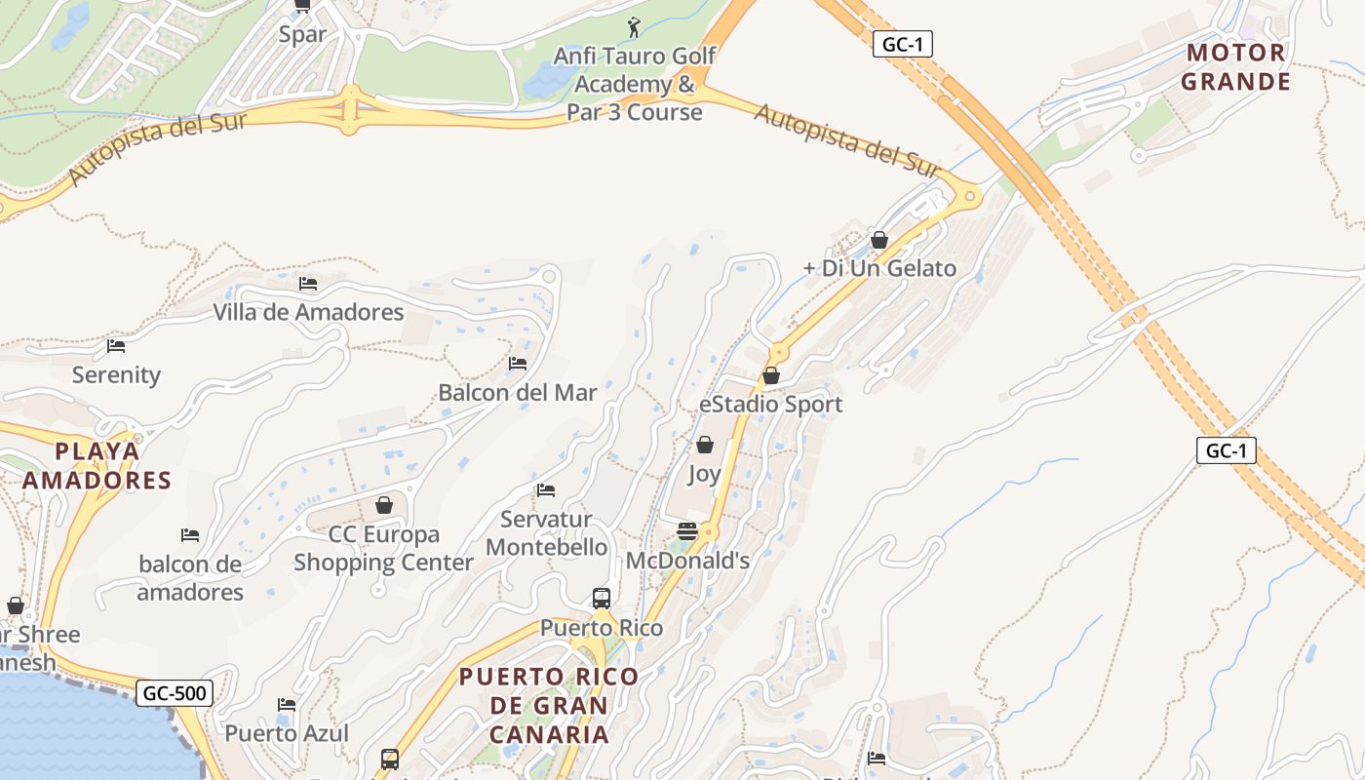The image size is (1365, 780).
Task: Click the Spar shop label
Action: point(302,35)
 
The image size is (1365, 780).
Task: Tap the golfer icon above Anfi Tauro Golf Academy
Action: point(635,27)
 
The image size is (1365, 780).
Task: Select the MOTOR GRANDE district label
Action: point(1235,67)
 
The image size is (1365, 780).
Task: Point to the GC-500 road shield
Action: point(174,693)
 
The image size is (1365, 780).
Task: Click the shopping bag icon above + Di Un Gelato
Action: point(879,240)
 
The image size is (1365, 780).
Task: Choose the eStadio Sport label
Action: point(771,405)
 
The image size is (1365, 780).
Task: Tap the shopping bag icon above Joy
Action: point(705,446)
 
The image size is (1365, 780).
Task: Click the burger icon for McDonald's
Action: point(687,531)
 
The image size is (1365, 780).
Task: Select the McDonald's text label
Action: point(687,561)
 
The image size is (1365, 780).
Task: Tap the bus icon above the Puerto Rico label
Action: point(602,599)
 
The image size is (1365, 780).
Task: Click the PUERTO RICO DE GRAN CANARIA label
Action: point(549,705)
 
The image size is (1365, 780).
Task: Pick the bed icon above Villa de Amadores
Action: point(308,284)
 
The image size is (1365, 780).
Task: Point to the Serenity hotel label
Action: point(116,375)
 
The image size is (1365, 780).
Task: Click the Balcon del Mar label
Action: point(517,393)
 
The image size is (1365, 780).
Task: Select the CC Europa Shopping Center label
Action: point(383,549)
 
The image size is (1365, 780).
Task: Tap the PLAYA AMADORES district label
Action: point(97,466)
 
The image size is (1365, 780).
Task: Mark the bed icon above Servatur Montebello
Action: point(546,490)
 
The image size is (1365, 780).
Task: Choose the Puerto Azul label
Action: point(287,733)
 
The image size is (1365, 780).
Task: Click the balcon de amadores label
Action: point(190,578)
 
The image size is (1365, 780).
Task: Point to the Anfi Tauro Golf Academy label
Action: point(635,84)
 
